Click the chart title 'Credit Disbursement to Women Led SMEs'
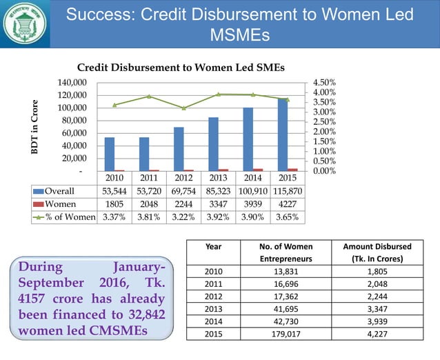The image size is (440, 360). click(181, 67)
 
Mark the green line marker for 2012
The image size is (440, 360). click(184, 108)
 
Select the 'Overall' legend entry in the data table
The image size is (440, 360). click(60, 191)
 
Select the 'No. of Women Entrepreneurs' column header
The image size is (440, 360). click(285, 252)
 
